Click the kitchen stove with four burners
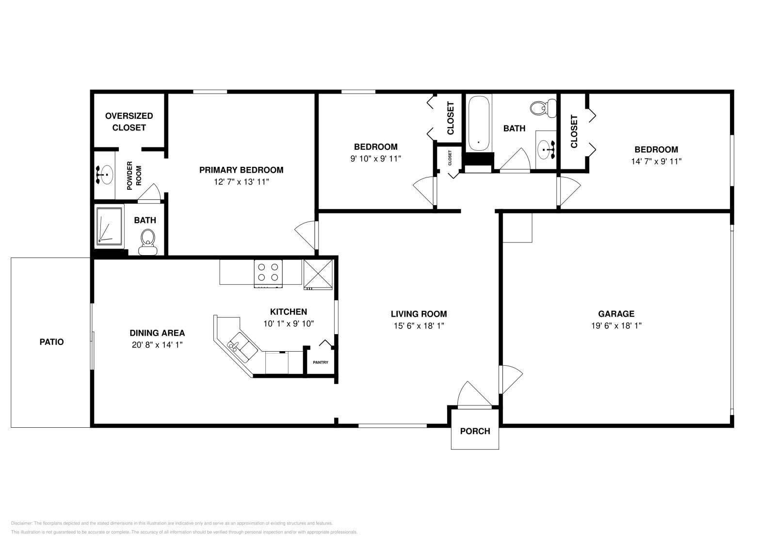click(x=269, y=272)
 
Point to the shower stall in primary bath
click(x=110, y=226)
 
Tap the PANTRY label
click(x=321, y=362)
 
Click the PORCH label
click(x=475, y=431)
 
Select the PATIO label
click(x=51, y=342)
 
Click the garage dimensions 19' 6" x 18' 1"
click(x=616, y=326)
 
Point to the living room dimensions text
click(x=419, y=326)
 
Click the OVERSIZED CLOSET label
click(x=129, y=122)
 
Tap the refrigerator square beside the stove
click(x=318, y=274)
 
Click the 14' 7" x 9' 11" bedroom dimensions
click(x=656, y=161)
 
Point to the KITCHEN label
click(x=288, y=312)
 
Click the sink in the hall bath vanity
click(x=547, y=146)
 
